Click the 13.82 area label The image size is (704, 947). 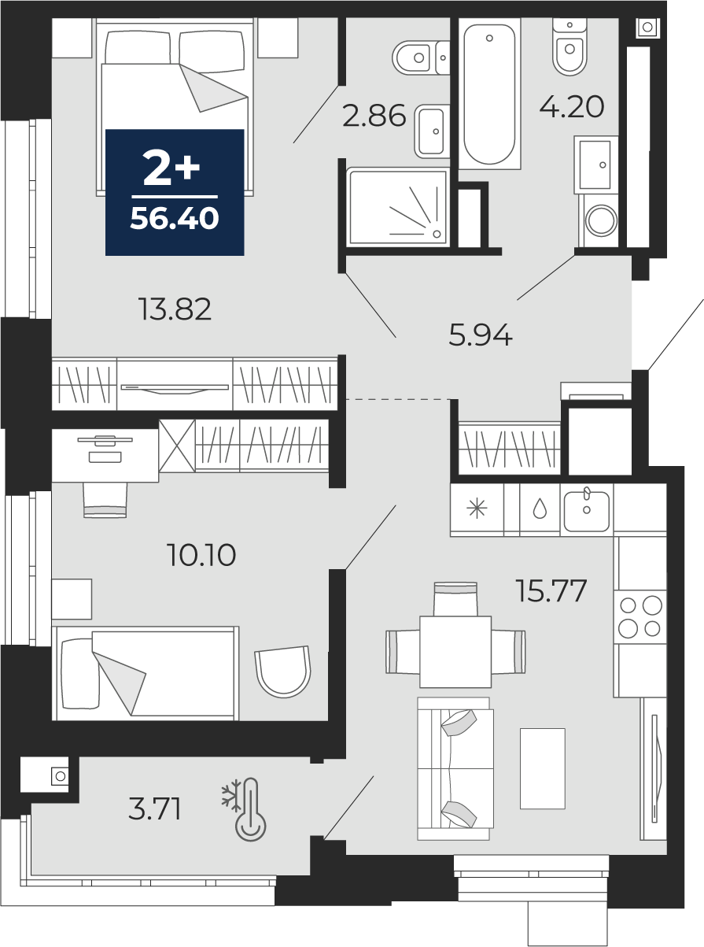pyautogui.click(x=175, y=309)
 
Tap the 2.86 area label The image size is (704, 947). pyautogui.click(x=374, y=116)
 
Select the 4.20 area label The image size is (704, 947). pyautogui.click(x=572, y=106)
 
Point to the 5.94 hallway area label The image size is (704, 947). pyautogui.click(x=481, y=335)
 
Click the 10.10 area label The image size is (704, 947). pyautogui.click(x=201, y=555)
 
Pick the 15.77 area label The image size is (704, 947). pyautogui.click(x=551, y=590)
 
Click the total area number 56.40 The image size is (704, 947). pyautogui.click(x=175, y=218)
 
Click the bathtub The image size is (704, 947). pyautogui.click(x=489, y=94)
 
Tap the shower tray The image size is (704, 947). pyautogui.click(x=398, y=207)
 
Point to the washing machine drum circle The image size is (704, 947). pyautogui.click(x=601, y=221)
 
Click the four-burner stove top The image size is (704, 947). pyautogui.click(x=640, y=616)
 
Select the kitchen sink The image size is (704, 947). pyautogui.click(x=587, y=511)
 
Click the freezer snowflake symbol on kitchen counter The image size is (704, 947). pyautogui.click(x=477, y=509)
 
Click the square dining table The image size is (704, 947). pyautogui.click(x=455, y=652)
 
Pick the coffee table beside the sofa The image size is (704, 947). pyautogui.click(x=542, y=768)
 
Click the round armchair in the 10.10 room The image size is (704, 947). pyautogui.click(x=283, y=671)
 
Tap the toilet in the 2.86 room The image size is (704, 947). pyautogui.click(x=420, y=57)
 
